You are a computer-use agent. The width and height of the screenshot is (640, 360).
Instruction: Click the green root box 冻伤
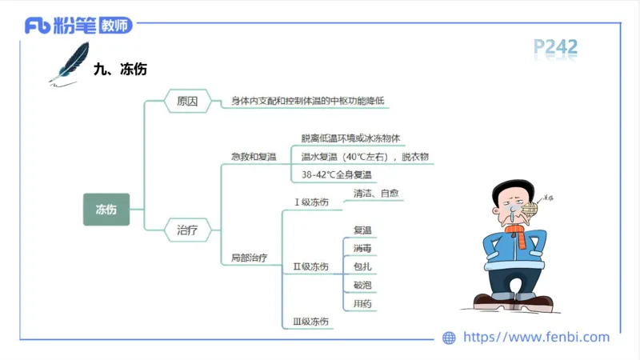pos(106,210)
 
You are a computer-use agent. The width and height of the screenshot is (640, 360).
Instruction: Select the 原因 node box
pos(187,102)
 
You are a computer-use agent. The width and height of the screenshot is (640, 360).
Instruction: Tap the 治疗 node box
pos(187,230)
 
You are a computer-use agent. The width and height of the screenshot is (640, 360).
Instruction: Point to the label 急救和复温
pos(253,156)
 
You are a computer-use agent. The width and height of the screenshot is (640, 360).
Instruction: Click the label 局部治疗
pos(249,258)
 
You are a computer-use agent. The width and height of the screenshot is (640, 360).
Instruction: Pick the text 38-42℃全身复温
pos(337,174)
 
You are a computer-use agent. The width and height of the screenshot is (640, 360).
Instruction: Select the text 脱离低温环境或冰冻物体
pos(356,138)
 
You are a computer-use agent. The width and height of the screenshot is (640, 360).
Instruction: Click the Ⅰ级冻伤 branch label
pos(312,202)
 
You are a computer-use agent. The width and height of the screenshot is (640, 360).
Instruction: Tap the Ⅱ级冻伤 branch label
pos(310,266)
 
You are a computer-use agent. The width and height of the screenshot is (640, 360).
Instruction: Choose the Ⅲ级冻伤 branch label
pos(310,321)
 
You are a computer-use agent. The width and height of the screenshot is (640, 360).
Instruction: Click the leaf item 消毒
pos(362,248)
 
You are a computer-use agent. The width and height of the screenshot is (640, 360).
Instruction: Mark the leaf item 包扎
pos(362,266)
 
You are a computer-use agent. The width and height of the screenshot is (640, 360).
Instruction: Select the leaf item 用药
pos(362,304)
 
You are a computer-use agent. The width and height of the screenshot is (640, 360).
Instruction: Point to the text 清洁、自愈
pos(376,194)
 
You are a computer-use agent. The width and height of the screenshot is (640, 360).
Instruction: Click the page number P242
pos(555,48)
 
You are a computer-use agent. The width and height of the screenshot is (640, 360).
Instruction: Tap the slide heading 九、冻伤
pos(120,70)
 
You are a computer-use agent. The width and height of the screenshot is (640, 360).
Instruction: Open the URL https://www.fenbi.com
pos(536,337)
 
